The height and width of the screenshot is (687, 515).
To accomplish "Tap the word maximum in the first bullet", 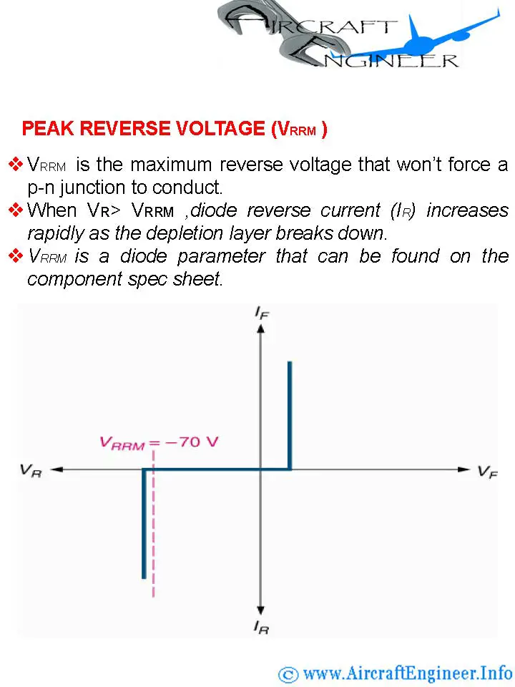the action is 171,165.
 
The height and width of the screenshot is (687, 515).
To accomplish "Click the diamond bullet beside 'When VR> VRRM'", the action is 16,210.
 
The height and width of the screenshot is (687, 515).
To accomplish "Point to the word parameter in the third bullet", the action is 222,256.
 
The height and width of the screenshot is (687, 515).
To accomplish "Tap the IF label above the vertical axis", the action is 262,313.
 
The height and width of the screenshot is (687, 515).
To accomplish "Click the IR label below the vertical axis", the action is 262,628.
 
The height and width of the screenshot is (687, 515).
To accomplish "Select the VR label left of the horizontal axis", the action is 31,471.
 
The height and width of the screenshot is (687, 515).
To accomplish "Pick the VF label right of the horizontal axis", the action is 487,472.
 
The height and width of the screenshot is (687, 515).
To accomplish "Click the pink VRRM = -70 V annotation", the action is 159,442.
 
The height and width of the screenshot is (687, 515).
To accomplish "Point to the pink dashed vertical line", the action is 153,524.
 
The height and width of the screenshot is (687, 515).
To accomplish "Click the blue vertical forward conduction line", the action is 290,415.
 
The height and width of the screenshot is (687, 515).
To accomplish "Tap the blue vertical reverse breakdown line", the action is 144,524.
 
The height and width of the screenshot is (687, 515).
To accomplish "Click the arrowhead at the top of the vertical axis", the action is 261,328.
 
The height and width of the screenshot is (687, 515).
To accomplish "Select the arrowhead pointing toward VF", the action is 464,469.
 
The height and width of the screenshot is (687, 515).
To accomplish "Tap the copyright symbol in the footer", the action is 288,675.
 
